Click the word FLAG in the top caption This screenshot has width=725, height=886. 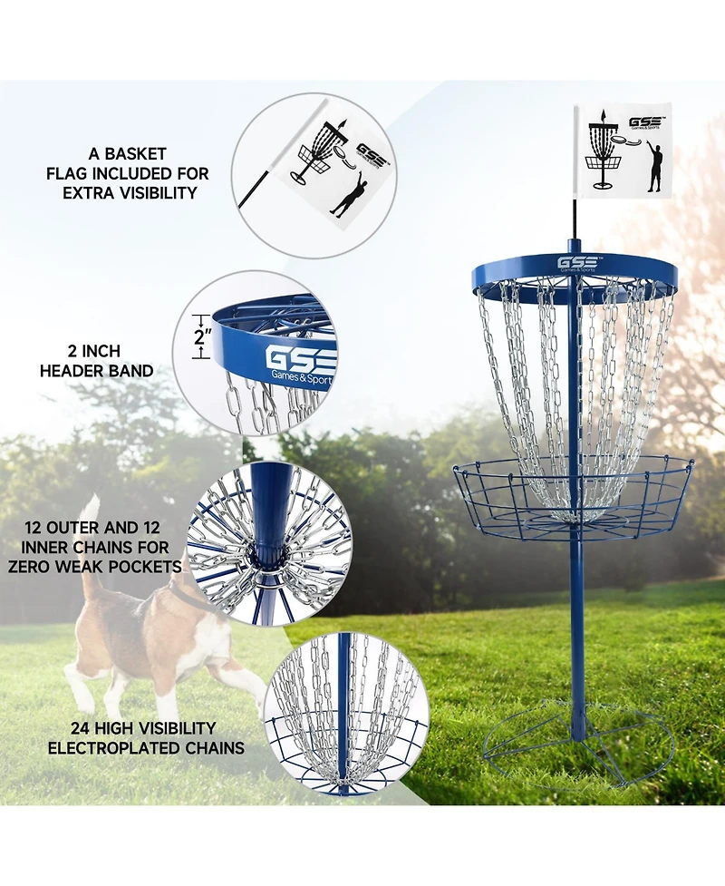tap(74, 173)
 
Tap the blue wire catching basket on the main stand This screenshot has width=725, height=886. tap(574, 500)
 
